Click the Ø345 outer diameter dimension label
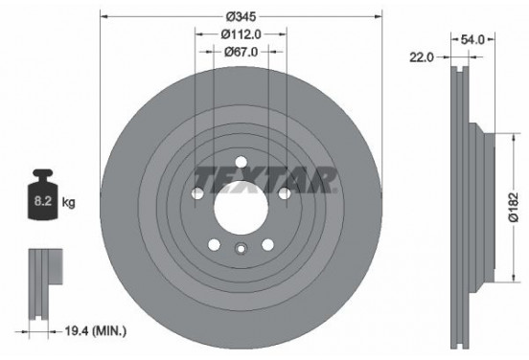(x=241, y=16)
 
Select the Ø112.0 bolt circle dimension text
(x=241, y=34)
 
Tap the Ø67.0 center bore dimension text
(x=241, y=52)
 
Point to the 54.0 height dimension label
(x=472, y=40)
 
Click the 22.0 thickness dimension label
(x=422, y=57)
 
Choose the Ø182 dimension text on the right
(x=514, y=207)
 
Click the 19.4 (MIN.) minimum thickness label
(x=96, y=331)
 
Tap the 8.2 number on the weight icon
(x=43, y=201)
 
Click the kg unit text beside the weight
(x=68, y=203)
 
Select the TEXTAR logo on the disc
(x=265, y=180)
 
